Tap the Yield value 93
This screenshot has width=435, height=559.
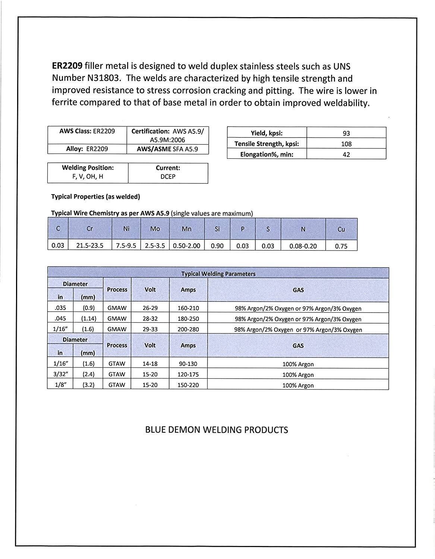point(346,133)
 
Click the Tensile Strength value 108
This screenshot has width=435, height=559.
point(346,144)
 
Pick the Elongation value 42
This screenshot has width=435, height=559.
point(346,154)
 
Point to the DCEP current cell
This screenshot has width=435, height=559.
point(168,177)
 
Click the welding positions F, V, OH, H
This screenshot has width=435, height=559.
point(88,177)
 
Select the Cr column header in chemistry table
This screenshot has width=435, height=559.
point(89,229)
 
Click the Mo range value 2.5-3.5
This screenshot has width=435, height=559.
point(155,246)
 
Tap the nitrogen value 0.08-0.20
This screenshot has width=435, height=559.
point(303,246)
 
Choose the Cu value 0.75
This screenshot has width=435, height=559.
point(341,246)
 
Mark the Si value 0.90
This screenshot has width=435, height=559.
point(217,246)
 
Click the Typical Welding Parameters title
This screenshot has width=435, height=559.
point(218,274)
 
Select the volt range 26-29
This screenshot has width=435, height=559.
point(150,308)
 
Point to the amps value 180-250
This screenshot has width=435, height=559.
point(188,319)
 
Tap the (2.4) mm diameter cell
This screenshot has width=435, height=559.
point(88,375)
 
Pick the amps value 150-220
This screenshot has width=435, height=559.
point(188,385)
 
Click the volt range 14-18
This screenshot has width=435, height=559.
point(150,364)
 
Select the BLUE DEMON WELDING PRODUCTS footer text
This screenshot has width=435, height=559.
point(216,430)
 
